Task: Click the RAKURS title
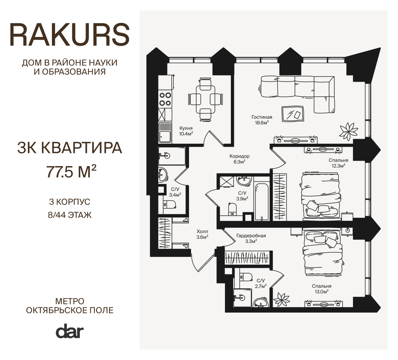70,35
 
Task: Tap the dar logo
70,331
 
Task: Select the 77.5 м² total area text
71,171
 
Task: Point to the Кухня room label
186,128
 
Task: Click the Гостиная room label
262,117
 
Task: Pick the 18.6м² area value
262,123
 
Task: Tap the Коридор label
239,156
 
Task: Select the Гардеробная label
251,236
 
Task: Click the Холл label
202,232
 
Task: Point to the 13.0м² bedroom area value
322,292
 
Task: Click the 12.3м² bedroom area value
338,166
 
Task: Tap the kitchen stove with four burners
165,99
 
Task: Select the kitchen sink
165,133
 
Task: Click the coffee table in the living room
293,114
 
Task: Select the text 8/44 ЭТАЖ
70,215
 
